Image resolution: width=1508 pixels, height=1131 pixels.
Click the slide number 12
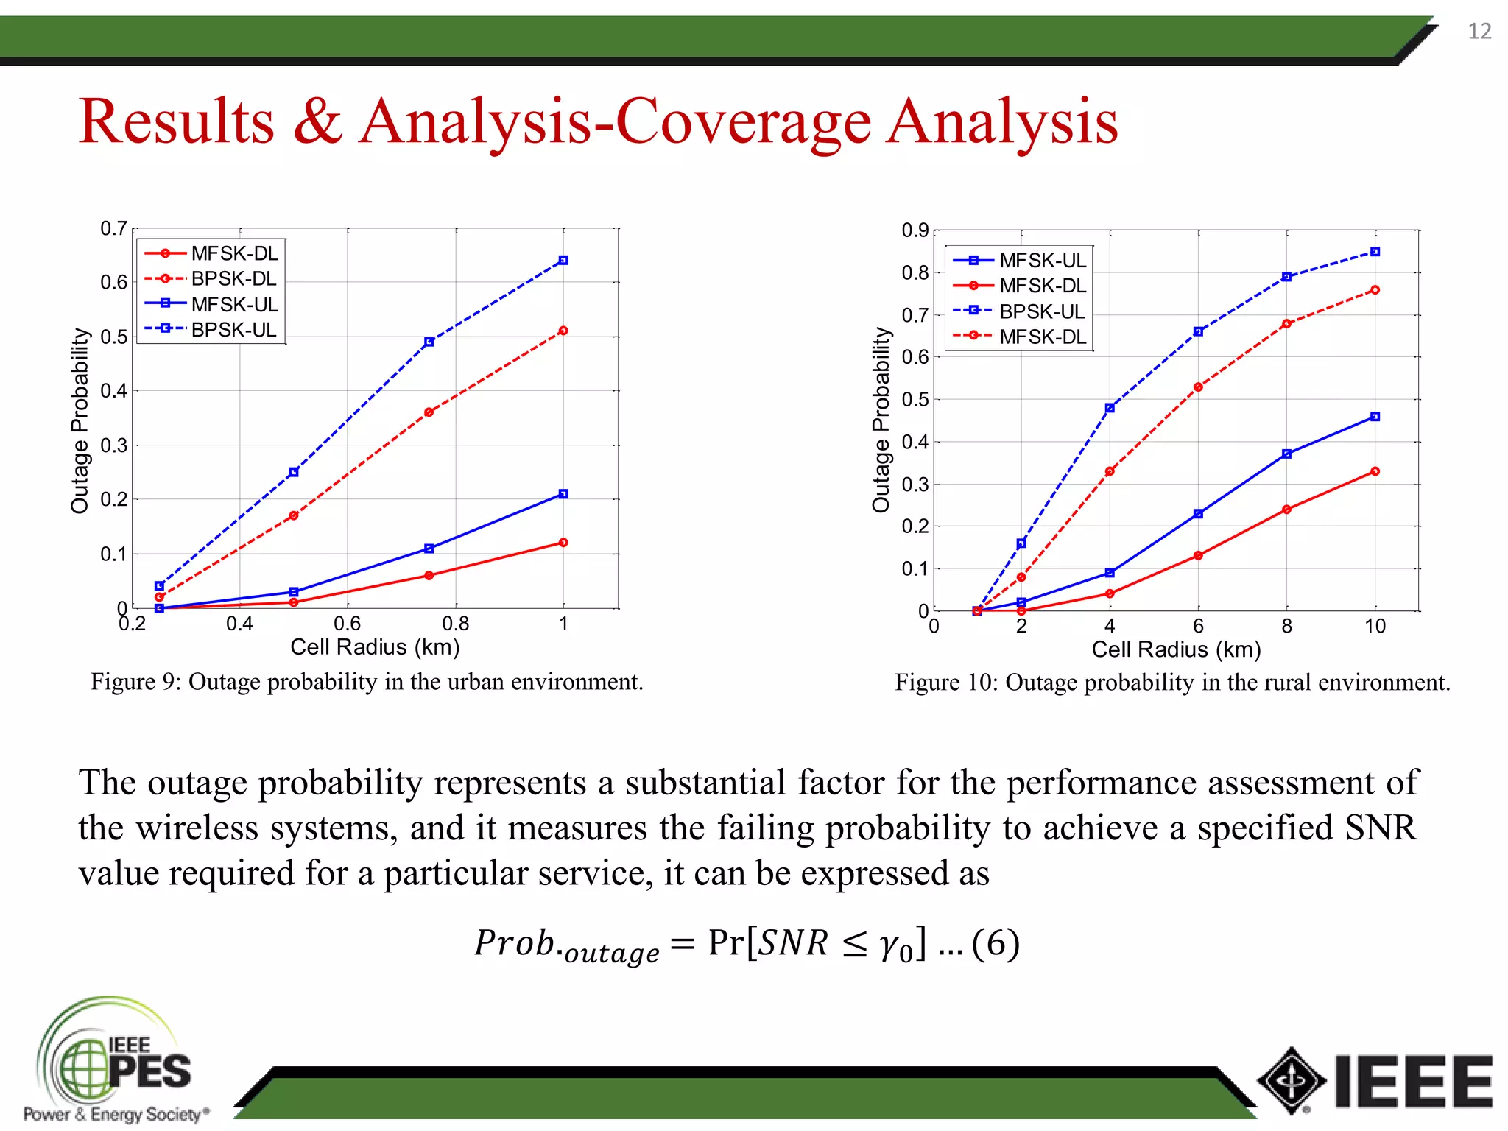1479,31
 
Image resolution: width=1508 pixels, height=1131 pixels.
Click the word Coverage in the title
743,121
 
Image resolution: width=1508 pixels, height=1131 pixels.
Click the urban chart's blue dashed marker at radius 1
563,261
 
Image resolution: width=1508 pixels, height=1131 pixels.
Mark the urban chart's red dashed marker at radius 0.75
429,412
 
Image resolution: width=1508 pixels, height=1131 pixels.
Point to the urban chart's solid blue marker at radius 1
563,494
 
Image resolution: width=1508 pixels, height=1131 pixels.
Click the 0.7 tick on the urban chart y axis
113,229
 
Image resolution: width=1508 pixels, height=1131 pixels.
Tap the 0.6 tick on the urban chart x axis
348,624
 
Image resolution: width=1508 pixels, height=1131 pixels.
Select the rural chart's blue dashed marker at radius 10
1375,252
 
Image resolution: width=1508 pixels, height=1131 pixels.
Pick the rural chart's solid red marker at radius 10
1375,471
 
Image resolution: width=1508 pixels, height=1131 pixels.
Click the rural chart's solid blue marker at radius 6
1198,514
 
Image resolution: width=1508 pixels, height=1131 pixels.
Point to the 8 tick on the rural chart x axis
1286,627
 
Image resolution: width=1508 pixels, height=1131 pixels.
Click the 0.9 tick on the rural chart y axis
915,231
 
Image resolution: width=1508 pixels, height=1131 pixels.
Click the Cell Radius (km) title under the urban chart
375,647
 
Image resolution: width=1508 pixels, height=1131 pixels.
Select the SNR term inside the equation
794,943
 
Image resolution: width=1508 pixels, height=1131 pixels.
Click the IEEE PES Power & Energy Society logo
114,1060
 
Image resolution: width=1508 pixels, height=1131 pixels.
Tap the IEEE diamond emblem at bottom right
1292,1081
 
